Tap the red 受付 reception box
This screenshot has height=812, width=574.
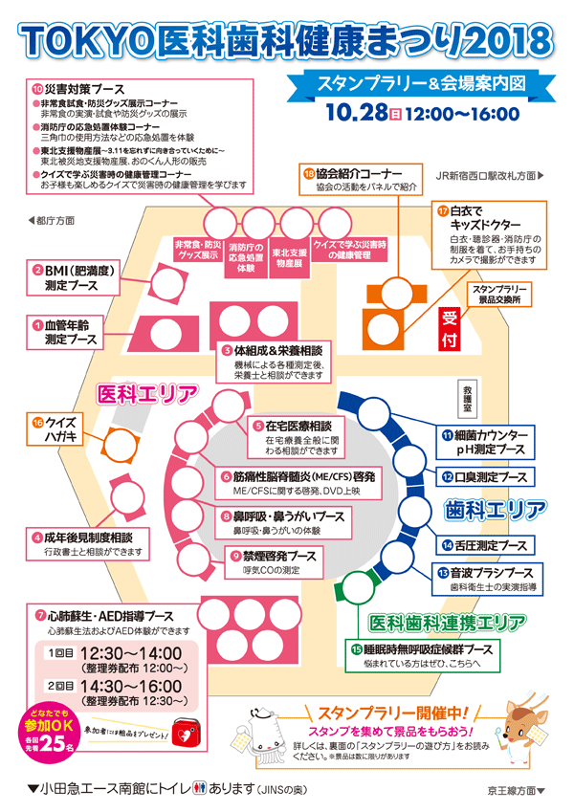pyautogui.click(x=451, y=327)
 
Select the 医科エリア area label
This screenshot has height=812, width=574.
pyautogui.click(x=147, y=393)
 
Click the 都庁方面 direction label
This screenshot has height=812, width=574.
pyautogui.click(x=52, y=219)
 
